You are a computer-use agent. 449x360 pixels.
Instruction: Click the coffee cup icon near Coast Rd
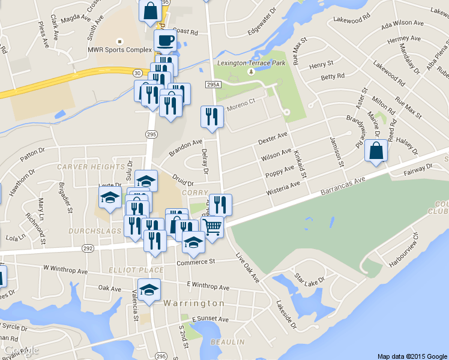(x=165, y=41)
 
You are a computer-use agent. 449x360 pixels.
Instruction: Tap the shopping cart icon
(x=212, y=227)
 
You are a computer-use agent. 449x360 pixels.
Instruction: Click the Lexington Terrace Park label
(x=251, y=62)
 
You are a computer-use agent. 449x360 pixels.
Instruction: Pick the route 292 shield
(x=88, y=247)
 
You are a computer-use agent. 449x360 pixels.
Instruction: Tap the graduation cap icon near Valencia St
(x=149, y=290)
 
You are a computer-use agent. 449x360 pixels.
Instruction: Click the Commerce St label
(x=196, y=262)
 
